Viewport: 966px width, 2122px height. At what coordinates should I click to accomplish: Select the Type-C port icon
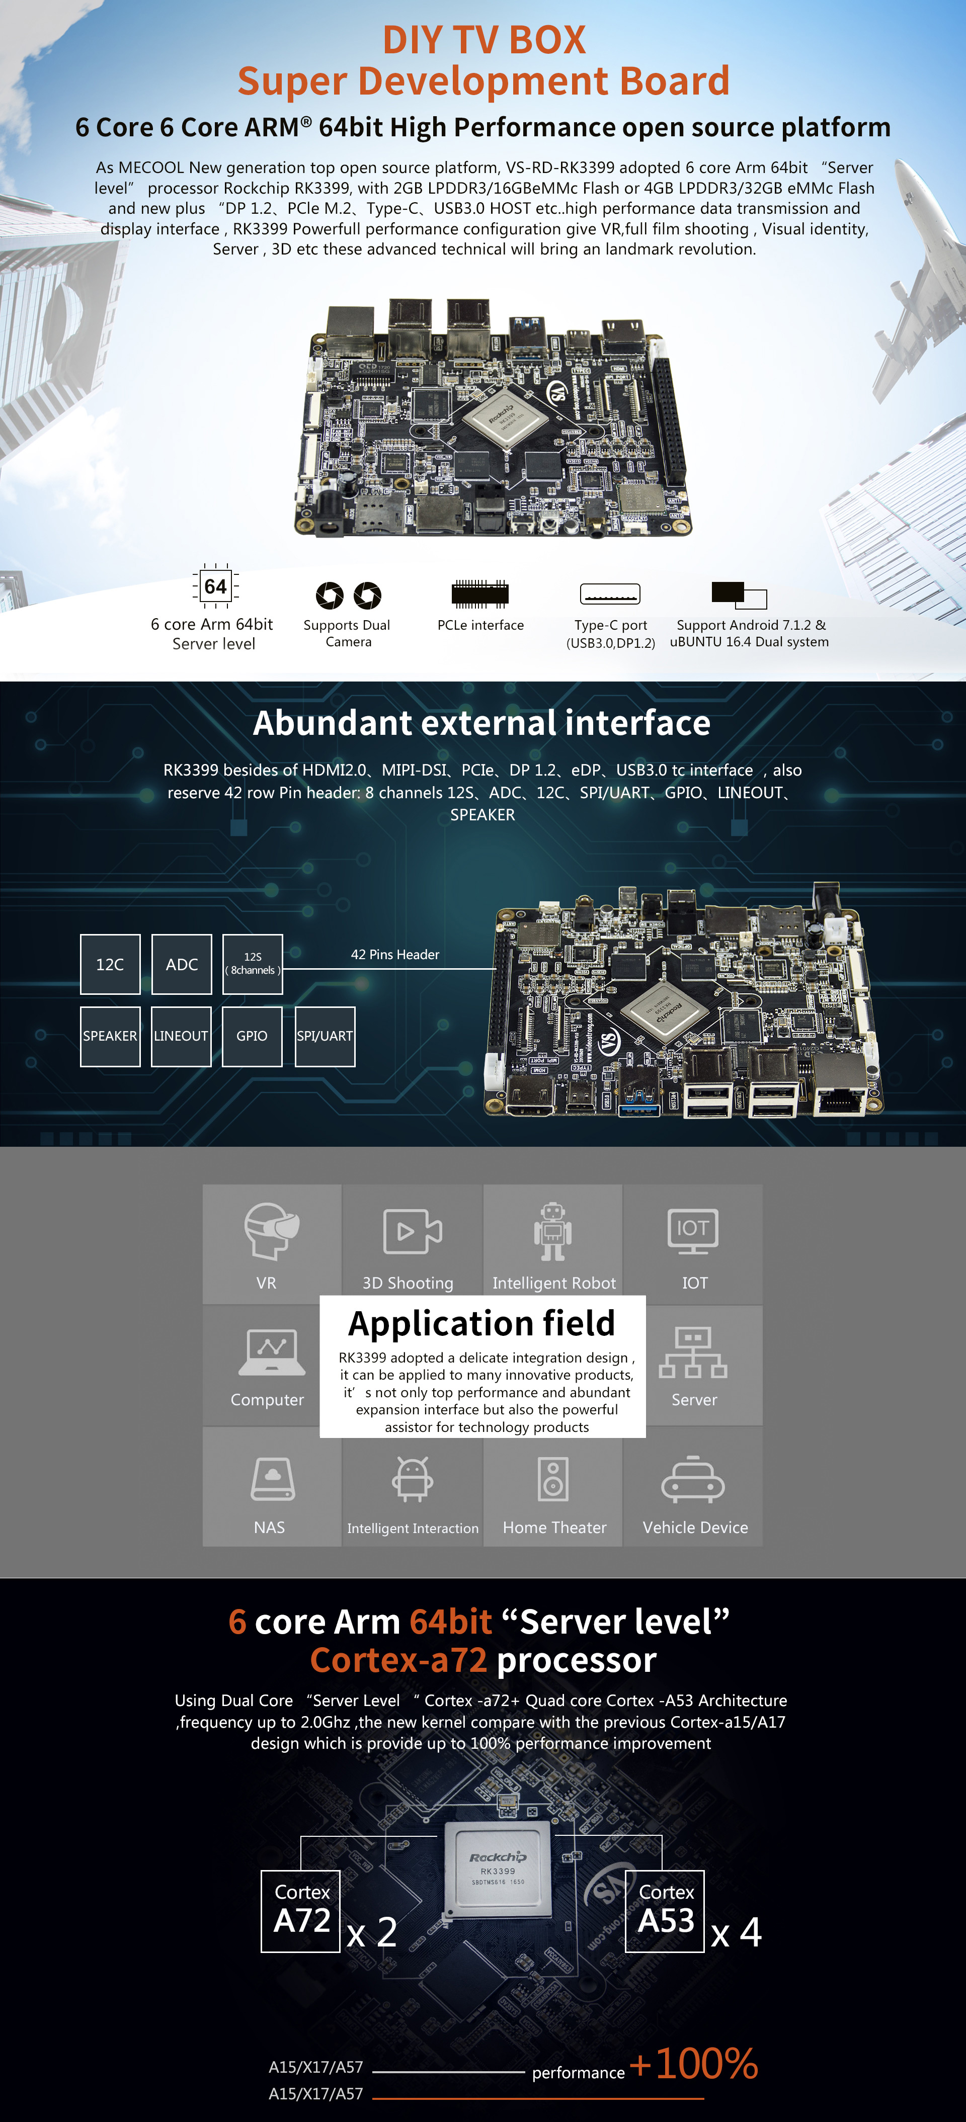(610, 593)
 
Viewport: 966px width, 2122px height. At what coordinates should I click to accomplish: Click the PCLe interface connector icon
(479, 593)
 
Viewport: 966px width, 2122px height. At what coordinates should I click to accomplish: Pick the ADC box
(182, 964)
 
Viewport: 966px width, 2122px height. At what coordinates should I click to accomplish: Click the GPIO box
(252, 1036)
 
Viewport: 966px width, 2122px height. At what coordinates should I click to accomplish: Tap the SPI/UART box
(325, 1036)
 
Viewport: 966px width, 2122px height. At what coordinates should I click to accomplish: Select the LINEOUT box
(181, 1036)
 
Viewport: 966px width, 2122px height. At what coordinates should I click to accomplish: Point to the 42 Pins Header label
(395, 955)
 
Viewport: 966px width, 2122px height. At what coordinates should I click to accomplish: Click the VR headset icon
(271, 1231)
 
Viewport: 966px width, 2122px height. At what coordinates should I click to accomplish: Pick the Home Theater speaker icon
(553, 1479)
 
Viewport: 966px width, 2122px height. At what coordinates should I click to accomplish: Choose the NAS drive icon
(273, 1480)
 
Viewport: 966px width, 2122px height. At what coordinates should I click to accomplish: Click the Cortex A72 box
(301, 1911)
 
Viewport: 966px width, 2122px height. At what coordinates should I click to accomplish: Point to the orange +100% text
(693, 2064)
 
